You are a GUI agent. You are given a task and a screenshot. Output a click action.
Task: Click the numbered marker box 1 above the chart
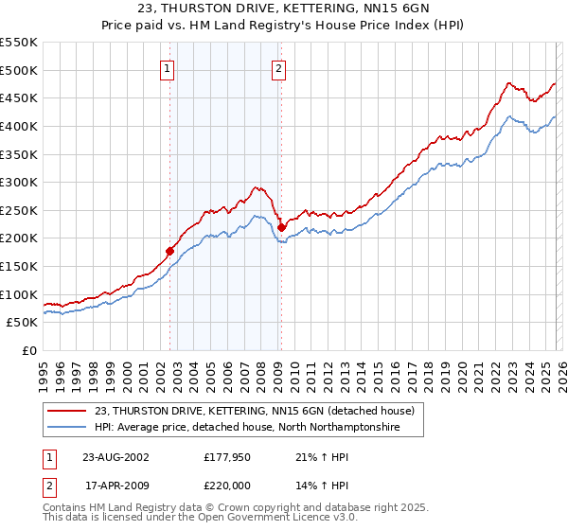(167, 67)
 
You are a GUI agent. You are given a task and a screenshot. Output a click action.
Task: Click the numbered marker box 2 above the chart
(279, 67)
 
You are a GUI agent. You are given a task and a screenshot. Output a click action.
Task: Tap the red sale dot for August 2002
(170, 251)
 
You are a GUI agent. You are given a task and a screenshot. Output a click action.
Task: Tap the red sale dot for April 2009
(281, 227)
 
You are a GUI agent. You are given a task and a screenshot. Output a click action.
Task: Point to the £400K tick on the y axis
(19, 126)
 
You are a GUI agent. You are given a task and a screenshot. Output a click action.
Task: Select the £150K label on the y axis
(19, 266)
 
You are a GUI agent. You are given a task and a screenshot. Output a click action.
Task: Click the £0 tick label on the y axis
(28, 350)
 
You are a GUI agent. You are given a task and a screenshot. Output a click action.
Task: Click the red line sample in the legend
(67, 412)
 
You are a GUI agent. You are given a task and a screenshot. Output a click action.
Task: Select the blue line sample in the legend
(67, 428)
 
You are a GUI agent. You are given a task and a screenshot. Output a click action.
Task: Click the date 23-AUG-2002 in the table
(115, 456)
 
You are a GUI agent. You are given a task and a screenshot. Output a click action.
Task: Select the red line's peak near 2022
(508, 83)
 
